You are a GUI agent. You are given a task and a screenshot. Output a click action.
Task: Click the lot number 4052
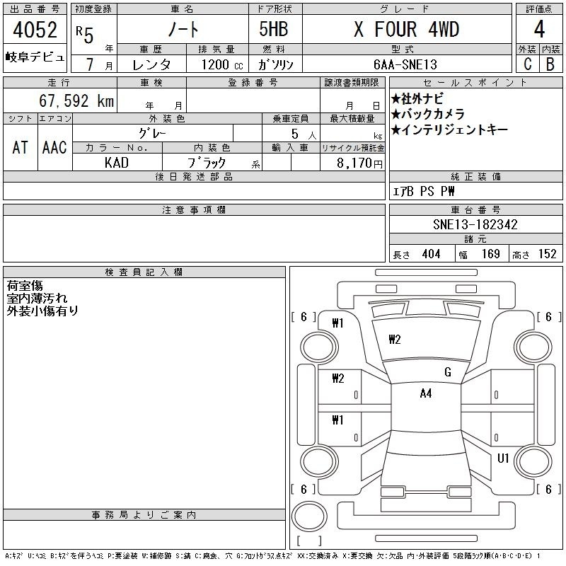point(35,30)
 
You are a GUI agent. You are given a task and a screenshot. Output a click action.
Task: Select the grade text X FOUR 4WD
point(406,29)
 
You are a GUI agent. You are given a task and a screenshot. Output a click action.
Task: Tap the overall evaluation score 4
point(539,29)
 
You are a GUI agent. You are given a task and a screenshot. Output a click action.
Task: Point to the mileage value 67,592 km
point(76,100)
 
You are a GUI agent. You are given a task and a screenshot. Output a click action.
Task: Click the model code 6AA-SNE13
point(405,64)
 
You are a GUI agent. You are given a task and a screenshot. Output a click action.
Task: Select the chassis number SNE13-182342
point(475,224)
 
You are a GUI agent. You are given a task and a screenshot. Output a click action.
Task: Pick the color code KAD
point(117,163)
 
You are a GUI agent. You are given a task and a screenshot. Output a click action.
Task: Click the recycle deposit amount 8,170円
point(359,163)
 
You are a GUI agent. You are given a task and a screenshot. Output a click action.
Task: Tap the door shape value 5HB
point(274,29)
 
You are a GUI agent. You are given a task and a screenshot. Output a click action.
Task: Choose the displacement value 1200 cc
point(222,65)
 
